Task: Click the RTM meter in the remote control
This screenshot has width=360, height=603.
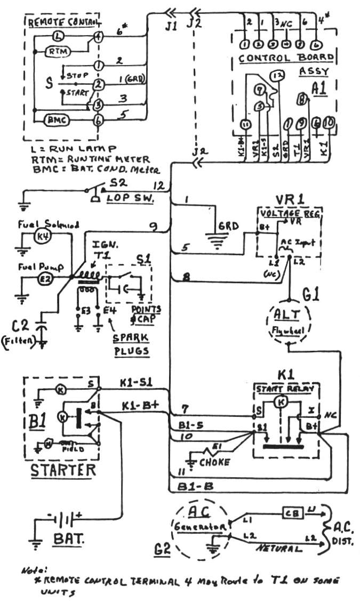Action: [x=55, y=52]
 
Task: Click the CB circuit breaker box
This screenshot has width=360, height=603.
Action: [x=292, y=513]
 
